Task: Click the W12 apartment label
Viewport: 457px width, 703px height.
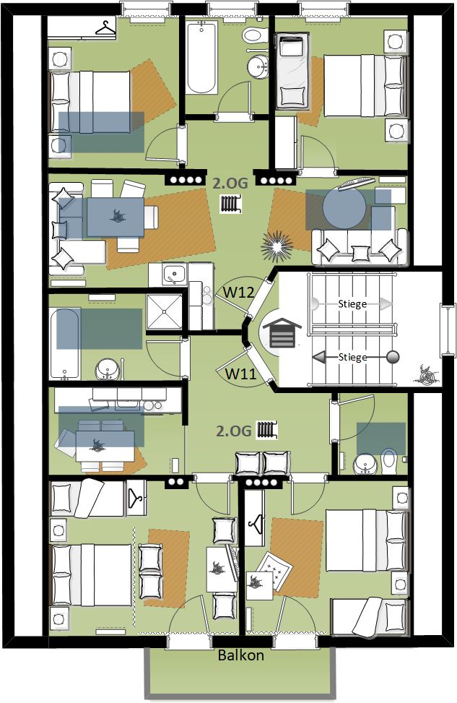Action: pos(239,293)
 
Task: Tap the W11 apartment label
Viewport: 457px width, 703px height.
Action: pos(240,373)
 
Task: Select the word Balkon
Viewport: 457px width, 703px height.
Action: pos(240,655)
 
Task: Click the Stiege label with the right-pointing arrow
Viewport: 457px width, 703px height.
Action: pos(352,304)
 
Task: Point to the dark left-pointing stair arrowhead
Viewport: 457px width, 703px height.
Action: pos(319,358)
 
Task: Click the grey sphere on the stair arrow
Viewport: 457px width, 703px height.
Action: pos(393,358)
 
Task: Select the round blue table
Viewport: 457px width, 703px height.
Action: pos(344,208)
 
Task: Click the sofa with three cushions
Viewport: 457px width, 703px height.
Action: pos(360,247)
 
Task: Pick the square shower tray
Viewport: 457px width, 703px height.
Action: pos(165,312)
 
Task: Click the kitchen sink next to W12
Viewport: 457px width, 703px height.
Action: pos(174,273)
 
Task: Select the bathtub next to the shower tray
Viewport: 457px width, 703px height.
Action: pos(66,344)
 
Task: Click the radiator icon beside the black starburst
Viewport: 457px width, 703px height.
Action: pos(231,204)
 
